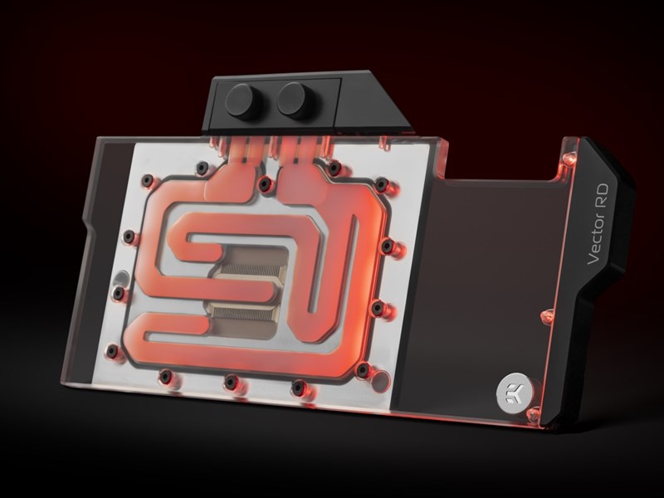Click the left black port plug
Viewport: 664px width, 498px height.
(243, 100)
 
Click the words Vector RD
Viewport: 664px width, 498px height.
(598, 224)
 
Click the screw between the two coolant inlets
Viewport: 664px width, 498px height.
(266, 183)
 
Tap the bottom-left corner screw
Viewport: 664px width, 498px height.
(112, 350)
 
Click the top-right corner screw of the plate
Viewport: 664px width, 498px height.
(382, 183)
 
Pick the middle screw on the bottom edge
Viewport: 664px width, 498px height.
(231, 382)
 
